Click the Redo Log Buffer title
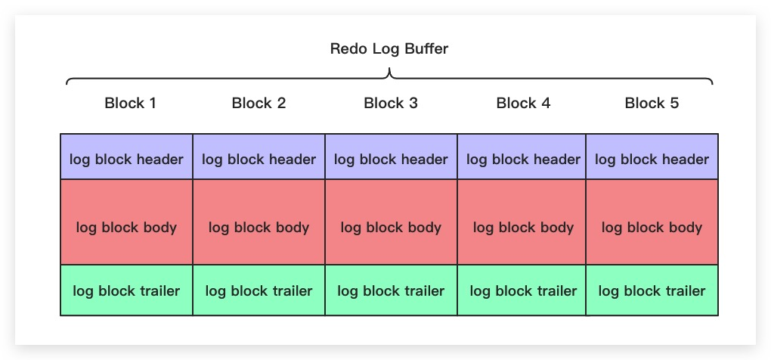click(x=389, y=49)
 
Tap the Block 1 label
click(x=130, y=104)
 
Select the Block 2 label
click(x=259, y=104)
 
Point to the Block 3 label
click(x=391, y=104)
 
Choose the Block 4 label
click(x=523, y=104)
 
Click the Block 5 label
click(x=652, y=104)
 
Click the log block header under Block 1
click(x=126, y=159)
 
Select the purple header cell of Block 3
click(x=391, y=159)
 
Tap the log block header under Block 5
click(x=652, y=159)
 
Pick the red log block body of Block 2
click(x=259, y=227)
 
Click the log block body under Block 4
click(x=523, y=227)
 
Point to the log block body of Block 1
click(x=126, y=227)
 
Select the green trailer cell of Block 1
click(x=126, y=290)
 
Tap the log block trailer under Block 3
click(x=391, y=290)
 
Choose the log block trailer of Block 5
click(x=652, y=290)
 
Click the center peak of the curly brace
click(x=389, y=73)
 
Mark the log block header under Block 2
click(x=259, y=159)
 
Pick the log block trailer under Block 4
click(x=523, y=290)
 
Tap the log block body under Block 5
click(x=652, y=227)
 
